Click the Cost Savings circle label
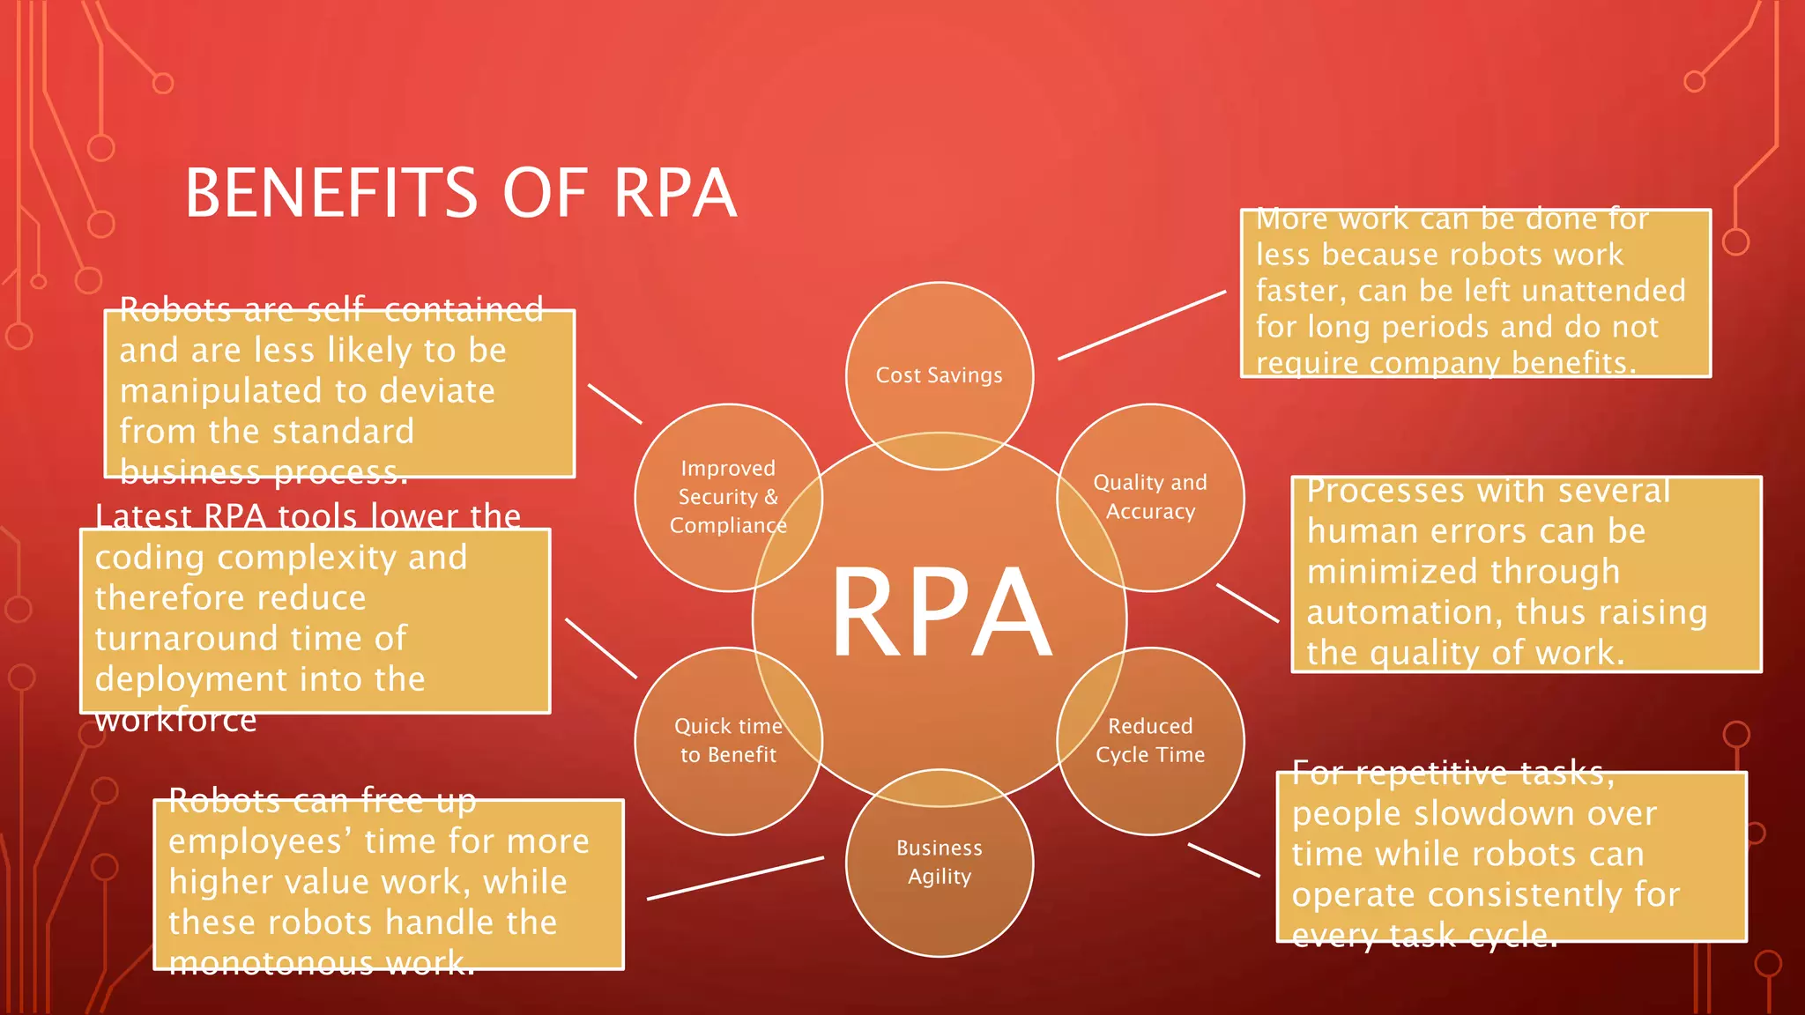939,375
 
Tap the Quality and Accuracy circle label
1150,497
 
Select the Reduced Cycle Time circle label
1150,740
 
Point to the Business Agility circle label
939,862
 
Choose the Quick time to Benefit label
728,740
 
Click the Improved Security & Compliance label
728,497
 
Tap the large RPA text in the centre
941,613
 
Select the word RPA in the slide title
674,194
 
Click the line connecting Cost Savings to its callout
1141,325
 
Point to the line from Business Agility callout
735,878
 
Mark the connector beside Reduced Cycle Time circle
1223,860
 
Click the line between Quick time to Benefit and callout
600,648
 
